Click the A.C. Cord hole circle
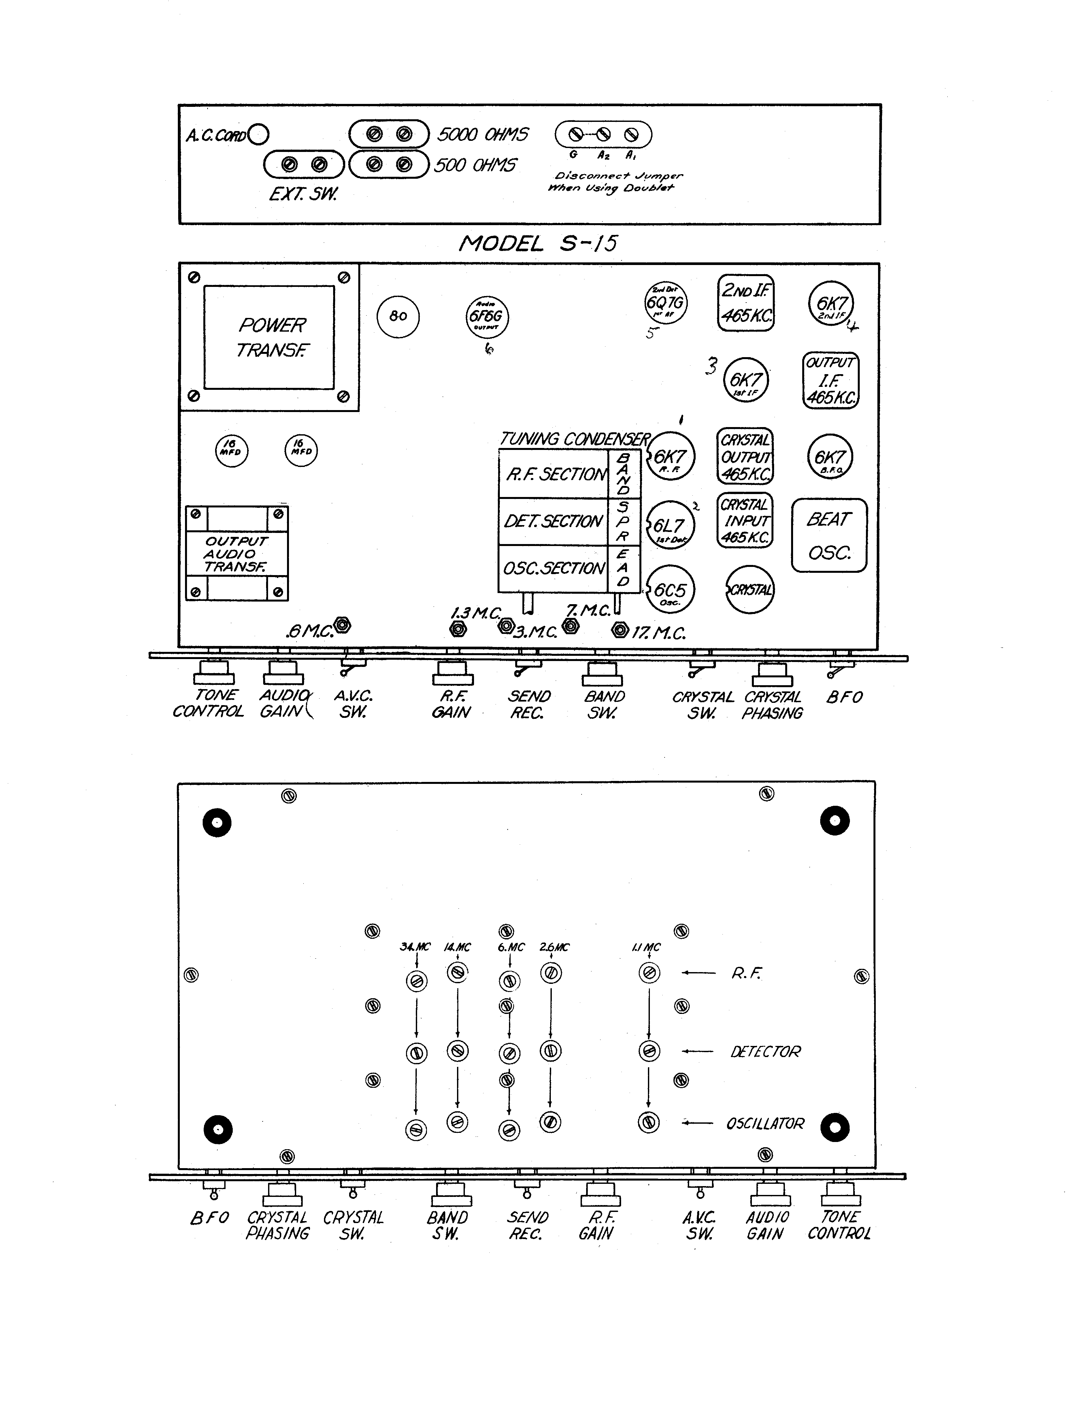tap(259, 134)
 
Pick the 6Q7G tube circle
tap(666, 303)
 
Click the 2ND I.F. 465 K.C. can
tap(746, 303)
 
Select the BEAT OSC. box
tap(829, 535)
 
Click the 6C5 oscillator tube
tap(670, 590)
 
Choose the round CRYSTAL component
tap(750, 590)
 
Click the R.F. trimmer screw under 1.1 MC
tap(649, 973)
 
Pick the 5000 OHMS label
tap(482, 134)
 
